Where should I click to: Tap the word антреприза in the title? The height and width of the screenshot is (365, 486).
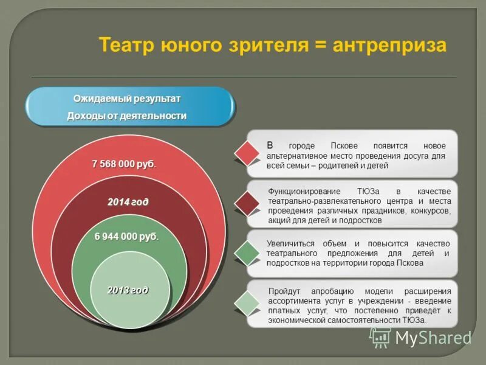(390, 46)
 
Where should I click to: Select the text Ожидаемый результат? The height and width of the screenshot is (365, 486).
(127, 99)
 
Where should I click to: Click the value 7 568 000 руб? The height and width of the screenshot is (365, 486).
(123, 164)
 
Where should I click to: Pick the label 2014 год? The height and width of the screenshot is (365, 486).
(128, 202)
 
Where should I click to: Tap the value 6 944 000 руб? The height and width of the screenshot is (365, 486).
(126, 237)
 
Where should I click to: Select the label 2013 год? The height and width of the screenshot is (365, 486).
(128, 290)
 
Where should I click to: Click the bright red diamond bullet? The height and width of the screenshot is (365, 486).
(247, 153)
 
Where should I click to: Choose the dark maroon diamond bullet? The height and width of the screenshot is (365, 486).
(247, 203)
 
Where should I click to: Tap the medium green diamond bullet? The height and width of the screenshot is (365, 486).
(247, 253)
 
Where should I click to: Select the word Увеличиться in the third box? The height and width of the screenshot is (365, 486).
(290, 243)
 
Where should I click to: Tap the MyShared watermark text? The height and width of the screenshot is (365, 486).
(433, 338)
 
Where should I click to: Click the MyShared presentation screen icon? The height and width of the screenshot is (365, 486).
(380, 337)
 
